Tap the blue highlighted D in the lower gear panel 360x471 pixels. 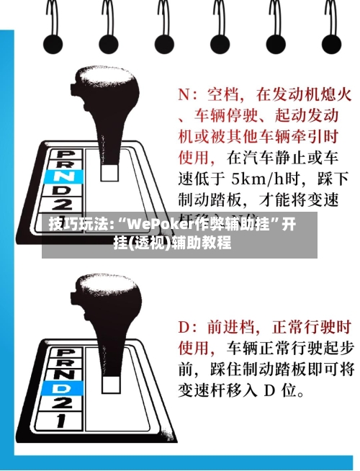pos(63,387)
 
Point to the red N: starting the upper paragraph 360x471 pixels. pos(186,94)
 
